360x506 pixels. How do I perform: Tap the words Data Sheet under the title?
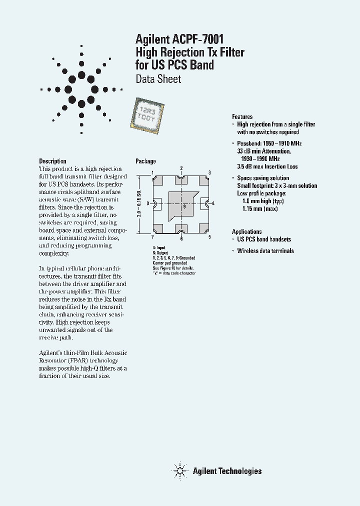click(x=158, y=79)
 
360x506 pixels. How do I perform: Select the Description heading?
click(x=52, y=161)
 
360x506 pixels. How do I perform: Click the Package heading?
click(x=145, y=161)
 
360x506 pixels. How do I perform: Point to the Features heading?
click(x=242, y=116)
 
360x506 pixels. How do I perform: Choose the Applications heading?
click(x=246, y=231)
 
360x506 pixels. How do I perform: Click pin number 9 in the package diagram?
click(x=184, y=206)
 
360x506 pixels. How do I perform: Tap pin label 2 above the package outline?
click(x=181, y=168)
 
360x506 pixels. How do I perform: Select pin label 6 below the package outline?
click(x=181, y=238)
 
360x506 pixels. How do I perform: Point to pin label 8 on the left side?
click(x=148, y=203)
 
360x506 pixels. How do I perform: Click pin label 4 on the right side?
click(x=213, y=203)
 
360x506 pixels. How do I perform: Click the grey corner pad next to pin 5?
click(x=204, y=228)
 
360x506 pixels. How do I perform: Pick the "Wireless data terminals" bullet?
click(x=265, y=251)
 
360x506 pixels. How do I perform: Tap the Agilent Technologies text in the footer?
click(x=227, y=470)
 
